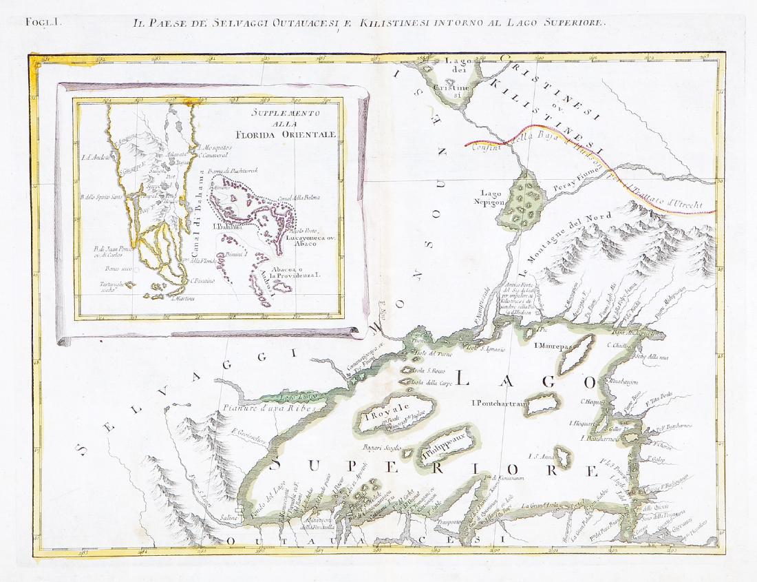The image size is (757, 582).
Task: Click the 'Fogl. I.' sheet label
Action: coord(44,21)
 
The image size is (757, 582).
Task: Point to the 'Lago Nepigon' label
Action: coord(493,198)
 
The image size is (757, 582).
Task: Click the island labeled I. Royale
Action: coord(388,416)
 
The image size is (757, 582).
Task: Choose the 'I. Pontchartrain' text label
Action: coord(499,403)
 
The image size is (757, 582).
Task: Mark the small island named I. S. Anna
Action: coord(564,457)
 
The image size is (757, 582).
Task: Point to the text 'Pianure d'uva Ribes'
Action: coord(269,408)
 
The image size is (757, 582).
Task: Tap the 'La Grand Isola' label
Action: coord(543,506)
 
